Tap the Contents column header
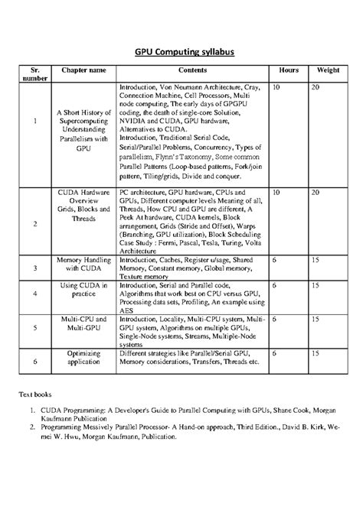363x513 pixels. pyautogui.click(x=192, y=70)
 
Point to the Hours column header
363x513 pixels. pyautogui.click(x=289, y=70)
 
